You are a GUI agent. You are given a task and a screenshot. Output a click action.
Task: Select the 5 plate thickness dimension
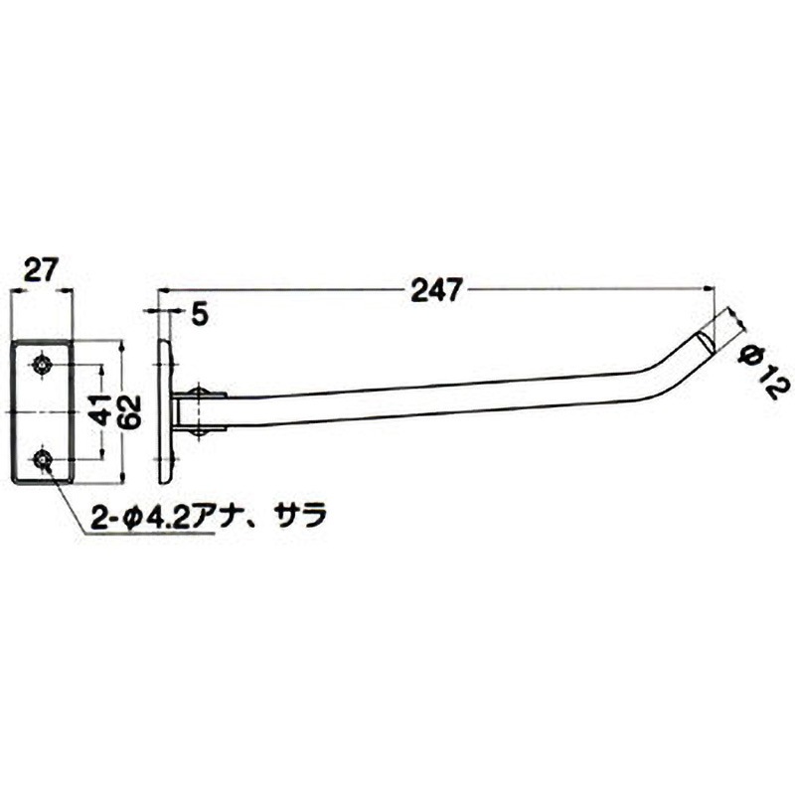point(198,314)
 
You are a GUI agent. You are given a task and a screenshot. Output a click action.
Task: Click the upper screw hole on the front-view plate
point(43,365)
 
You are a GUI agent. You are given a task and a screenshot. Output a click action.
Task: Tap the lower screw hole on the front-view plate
point(43,458)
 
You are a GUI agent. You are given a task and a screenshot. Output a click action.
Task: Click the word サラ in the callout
point(300,518)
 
